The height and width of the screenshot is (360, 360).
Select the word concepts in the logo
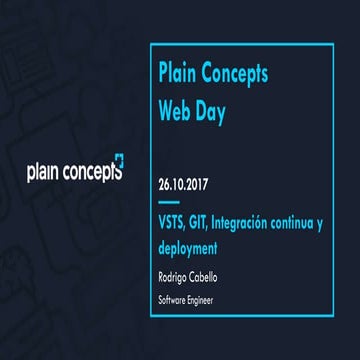pyautogui.click(x=93, y=172)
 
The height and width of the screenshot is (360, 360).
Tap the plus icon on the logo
pyautogui.click(x=118, y=161)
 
